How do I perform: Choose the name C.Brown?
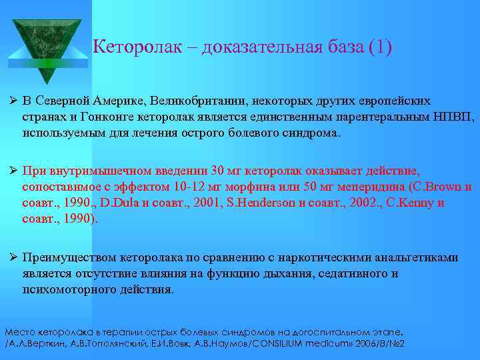point(434,186)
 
